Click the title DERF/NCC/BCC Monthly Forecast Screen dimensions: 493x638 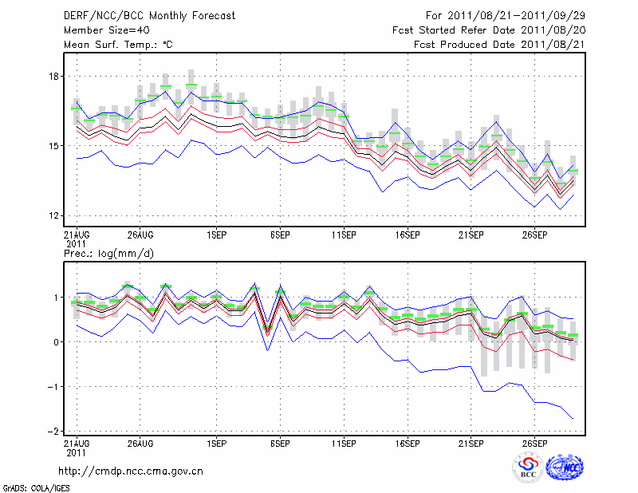[x=149, y=16]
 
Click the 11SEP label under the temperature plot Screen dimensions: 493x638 [x=344, y=235]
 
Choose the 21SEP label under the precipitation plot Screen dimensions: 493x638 [x=471, y=442]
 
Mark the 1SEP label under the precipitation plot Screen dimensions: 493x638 [x=215, y=442]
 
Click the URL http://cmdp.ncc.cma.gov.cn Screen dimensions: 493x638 [x=131, y=471]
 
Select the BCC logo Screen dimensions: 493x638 [x=528, y=468]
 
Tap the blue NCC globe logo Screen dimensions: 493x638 [x=565, y=468]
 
